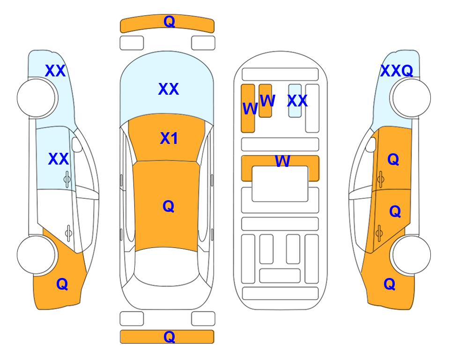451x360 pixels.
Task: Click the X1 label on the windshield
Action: (169, 138)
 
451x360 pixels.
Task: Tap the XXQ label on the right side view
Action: (397, 71)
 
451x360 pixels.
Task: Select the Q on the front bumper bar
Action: (169, 21)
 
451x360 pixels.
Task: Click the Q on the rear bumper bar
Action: (169, 337)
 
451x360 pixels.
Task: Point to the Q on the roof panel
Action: (169, 206)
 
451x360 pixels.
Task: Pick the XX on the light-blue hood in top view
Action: (169, 89)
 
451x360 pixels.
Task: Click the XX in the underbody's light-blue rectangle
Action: (297, 101)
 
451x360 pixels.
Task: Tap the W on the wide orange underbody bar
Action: (282, 161)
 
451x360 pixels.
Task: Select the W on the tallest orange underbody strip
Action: (250, 109)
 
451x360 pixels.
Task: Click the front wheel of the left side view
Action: (36, 98)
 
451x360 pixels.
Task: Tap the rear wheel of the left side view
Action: (36, 255)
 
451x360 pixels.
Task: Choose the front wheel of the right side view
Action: (411, 98)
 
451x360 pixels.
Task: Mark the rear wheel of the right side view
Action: (411, 255)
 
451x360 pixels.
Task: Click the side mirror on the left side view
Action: (77, 144)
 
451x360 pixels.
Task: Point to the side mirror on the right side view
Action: (371, 144)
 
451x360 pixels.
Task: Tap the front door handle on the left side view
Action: (67, 179)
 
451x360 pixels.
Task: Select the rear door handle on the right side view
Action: (379, 233)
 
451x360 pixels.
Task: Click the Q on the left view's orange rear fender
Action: (62, 284)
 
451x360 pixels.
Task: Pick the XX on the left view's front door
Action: (59, 159)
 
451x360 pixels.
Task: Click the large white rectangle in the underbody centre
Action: (280, 184)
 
